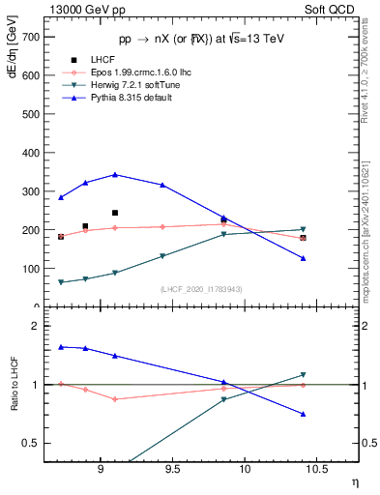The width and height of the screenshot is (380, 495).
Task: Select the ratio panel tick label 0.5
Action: point(31,443)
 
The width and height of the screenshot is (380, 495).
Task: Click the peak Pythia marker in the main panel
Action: point(115,175)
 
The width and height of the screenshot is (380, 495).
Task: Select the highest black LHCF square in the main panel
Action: point(115,213)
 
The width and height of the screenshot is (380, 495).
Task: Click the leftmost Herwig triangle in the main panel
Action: point(61,282)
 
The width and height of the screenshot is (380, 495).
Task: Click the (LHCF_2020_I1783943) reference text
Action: point(202,289)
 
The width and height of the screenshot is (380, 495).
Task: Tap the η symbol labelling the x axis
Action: point(355,481)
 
